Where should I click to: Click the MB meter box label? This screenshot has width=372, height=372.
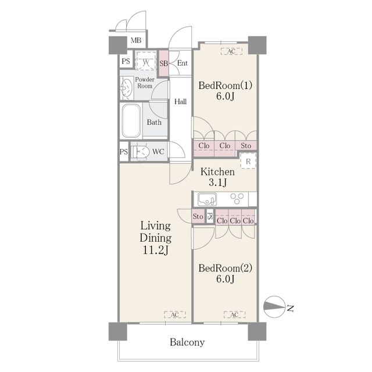(x=136, y=40)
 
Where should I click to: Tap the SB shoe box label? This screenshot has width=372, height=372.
(x=163, y=63)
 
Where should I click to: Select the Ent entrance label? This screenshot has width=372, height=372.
(x=183, y=63)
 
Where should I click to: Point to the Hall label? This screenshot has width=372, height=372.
(x=181, y=102)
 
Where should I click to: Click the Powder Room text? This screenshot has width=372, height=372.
(x=145, y=83)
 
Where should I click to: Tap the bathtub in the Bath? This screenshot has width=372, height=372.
(x=131, y=121)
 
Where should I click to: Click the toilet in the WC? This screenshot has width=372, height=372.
(x=141, y=152)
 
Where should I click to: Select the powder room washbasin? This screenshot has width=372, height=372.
(x=127, y=88)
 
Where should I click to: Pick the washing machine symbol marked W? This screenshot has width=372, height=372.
(x=146, y=61)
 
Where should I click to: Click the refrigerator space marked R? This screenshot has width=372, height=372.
(x=248, y=161)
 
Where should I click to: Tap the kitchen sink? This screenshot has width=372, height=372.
(x=207, y=199)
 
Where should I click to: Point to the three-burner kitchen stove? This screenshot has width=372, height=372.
(x=237, y=199)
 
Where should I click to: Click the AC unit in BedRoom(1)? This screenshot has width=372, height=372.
(x=231, y=51)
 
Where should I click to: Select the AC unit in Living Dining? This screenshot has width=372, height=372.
(x=175, y=314)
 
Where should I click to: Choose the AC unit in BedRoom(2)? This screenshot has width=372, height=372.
(x=234, y=314)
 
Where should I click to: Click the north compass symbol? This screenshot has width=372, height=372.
(x=274, y=307)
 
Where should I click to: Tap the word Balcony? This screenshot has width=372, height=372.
(x=187, y=342)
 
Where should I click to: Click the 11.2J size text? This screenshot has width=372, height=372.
(x=156, y=250)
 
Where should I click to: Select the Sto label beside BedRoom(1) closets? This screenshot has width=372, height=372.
(x=246, y=145)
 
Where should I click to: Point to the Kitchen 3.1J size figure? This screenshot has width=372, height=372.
(x=217, y=182)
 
